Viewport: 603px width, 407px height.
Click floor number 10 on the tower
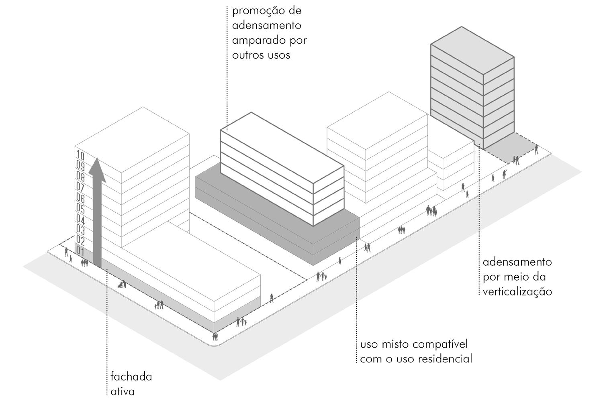[80, 156]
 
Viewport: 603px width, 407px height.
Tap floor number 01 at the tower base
[80, 253]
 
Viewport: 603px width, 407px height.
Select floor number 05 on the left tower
[80, 209]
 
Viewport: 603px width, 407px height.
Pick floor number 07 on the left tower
[80, 187]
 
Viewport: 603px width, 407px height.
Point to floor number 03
[80, 231]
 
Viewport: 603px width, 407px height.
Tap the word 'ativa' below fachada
[123, 391]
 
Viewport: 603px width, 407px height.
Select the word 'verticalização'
[517, 291]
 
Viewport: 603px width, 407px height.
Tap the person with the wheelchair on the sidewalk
[121, 285]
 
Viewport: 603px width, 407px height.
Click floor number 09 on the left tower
[80, 166]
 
